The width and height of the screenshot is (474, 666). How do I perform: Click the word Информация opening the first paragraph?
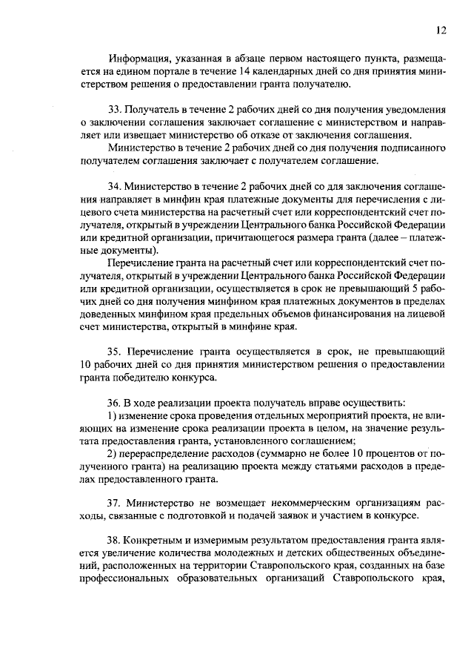(138, 59)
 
